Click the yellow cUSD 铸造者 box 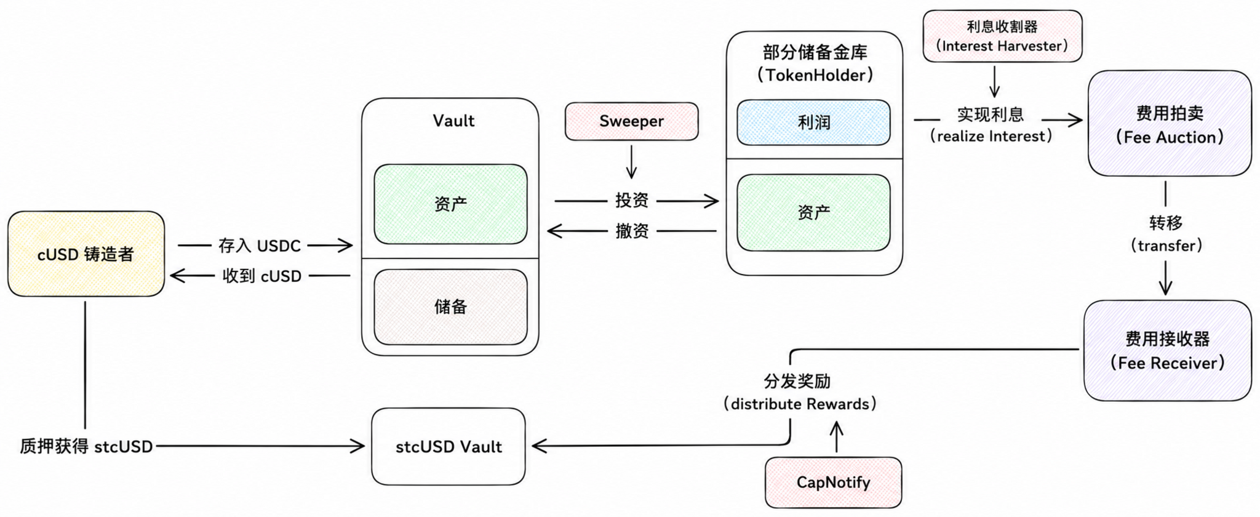(86, 254)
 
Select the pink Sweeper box (632, 121)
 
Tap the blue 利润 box (813, 122)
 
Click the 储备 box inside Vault (450, 307)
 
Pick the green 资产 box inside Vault (450, 204)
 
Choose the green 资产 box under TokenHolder (813, 213)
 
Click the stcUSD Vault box (449, 446)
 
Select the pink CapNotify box (834, 482)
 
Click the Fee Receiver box (1168, 350)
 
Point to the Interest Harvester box (1002, 36)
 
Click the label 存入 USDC (260, 246)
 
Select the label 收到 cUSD (262, 276)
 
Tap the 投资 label (632, 200)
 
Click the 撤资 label (632, 231)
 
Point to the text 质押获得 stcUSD (86, 446)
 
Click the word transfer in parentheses (1166, 246)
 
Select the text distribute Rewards (800, 404)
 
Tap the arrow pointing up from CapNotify (836, 436)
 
